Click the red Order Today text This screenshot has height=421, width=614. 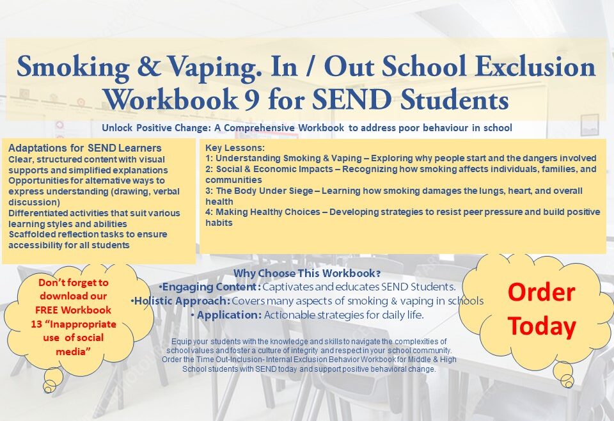point(541,309)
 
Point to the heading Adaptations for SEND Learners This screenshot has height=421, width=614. point(85,148)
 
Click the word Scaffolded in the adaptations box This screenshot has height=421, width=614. point(33,234)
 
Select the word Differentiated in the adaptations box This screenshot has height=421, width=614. point(38,212)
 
